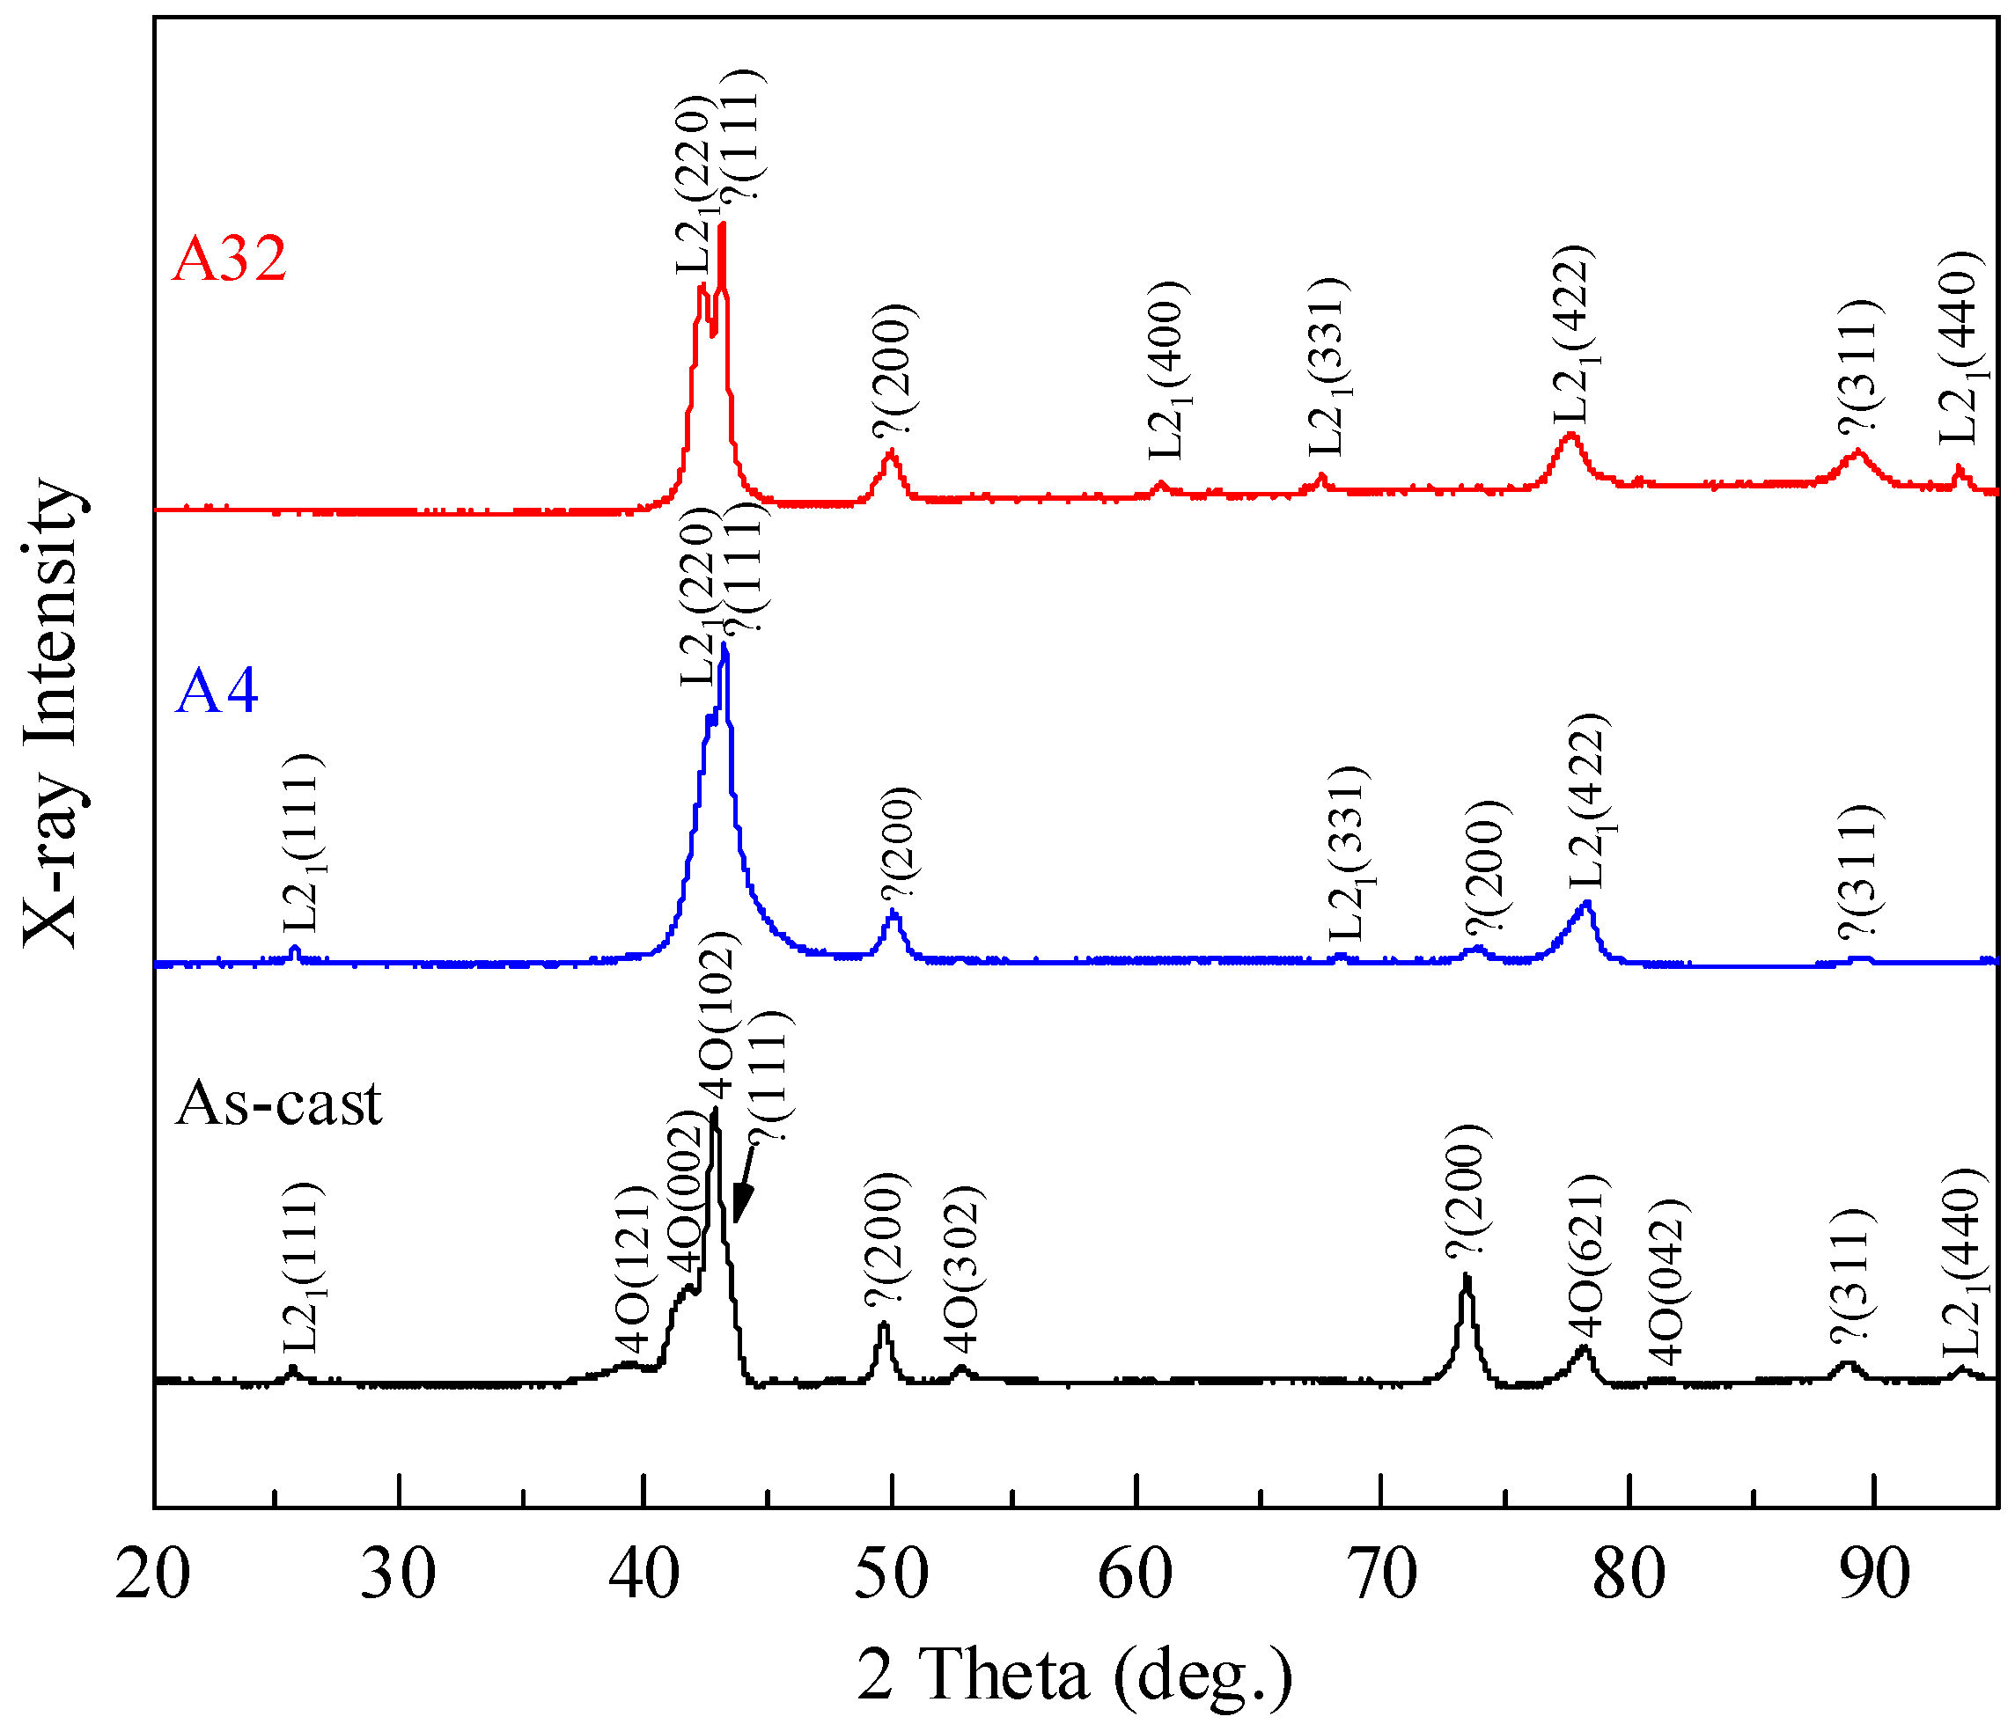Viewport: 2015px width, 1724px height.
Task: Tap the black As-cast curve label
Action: [279, 1103]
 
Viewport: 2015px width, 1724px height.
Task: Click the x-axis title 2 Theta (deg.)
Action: [1075, 1675]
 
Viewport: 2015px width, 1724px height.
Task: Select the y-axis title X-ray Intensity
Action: [50, 712]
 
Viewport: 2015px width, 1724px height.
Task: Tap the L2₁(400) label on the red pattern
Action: [1167, 370]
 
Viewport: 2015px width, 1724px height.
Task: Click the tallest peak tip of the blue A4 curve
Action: [724, 646]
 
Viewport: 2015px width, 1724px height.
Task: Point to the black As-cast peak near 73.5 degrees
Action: [1467, 1278]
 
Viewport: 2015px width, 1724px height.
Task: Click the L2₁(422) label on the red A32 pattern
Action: [1571, 335]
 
